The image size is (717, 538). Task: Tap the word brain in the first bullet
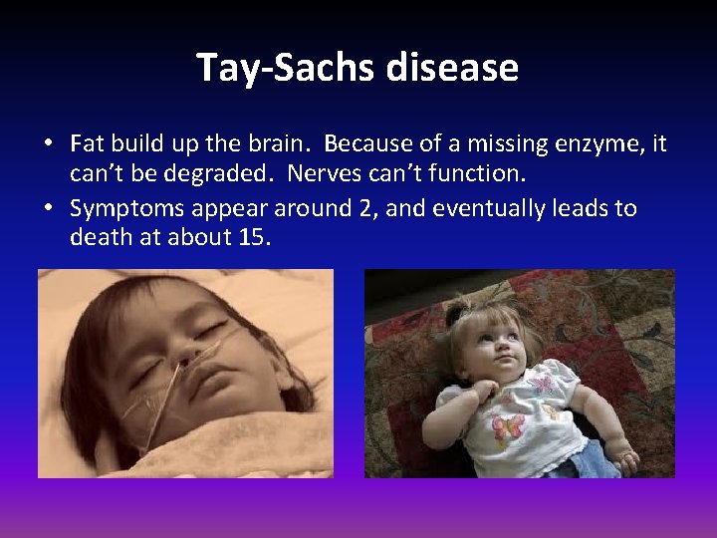coord(276,144)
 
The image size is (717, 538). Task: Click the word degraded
coord(198,173)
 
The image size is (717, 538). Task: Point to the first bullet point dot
coord(48,145)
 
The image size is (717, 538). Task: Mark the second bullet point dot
coord(48,209)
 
